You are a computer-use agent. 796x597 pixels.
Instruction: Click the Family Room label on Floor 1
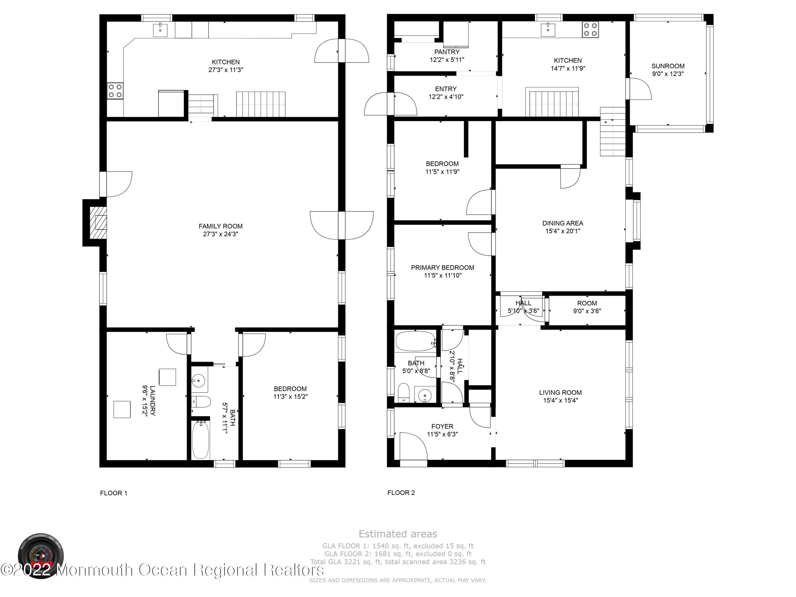220,226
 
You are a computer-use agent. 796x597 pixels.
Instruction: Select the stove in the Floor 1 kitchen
115,91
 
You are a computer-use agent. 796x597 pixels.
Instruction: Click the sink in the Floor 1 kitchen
160,30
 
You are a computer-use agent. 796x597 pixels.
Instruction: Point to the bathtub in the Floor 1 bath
200,439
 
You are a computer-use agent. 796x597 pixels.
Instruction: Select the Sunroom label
668,66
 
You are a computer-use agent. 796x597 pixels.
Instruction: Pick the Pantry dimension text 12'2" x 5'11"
447,60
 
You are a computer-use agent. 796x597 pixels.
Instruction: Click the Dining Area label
563,223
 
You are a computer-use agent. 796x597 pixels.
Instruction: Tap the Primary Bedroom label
443,267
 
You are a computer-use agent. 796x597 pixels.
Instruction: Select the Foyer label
442,426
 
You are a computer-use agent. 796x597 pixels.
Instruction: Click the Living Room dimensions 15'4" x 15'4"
560,400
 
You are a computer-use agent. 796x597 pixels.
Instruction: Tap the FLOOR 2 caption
401,493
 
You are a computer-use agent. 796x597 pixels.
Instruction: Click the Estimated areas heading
398,534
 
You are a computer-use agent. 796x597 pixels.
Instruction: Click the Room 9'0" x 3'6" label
587,303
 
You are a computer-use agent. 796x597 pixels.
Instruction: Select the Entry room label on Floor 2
446,89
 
